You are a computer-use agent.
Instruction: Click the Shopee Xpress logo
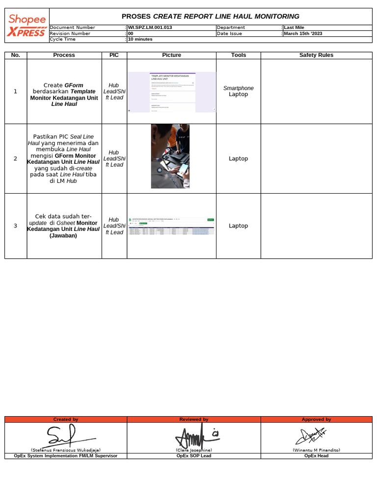[x=27, y=25]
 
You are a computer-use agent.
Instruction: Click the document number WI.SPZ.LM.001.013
[x=150, y=27]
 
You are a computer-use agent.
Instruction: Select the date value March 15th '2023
[x=303, y=34]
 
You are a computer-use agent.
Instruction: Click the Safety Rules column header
[x=316, y=55]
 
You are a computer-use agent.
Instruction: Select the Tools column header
[x=238, y=55]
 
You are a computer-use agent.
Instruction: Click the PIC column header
[x=114, y=55]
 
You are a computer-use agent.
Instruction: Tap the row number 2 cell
[x=15, y=159]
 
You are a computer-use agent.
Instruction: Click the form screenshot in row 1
[x=172, y=92]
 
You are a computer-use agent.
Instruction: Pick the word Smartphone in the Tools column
[x=239, y=88]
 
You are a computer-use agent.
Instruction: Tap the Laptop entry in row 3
[x=239, y=226]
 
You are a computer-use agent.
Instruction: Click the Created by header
[x=66, y=420]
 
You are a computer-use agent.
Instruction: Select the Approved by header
[x=316, y=420]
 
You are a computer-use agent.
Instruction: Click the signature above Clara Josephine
[x=194, y=434]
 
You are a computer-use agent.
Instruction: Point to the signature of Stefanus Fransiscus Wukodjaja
[x=65, y=434]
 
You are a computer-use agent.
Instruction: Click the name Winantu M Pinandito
[x=316, y=450]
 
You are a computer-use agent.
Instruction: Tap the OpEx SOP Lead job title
[x=193, y=456]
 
